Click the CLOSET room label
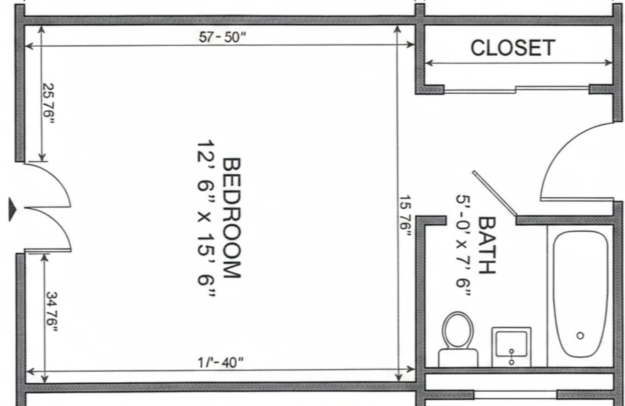click(513, 48)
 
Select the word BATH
click(486, 246)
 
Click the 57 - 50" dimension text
click(223, 37)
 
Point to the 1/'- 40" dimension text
click(221, 362)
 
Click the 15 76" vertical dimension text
click(405, 218)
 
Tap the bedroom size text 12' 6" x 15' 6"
click(206, 218)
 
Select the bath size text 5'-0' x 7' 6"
click(464, 246)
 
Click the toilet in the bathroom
click(458, 339)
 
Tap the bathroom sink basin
click(511, 345)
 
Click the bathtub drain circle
click(580, 335)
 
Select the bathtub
click(580, 294)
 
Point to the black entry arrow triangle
click(12, 209)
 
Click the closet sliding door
click(517, 89)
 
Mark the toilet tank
click(458, 358)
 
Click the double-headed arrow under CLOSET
click(519, 63)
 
